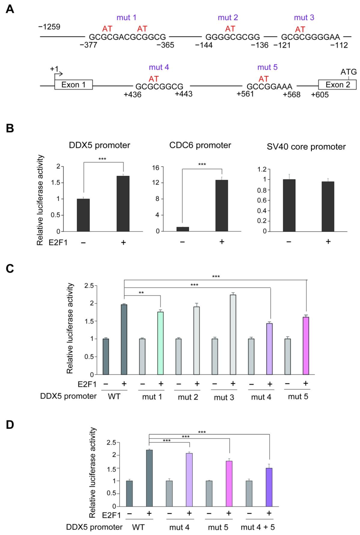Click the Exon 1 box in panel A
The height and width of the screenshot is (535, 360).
73,85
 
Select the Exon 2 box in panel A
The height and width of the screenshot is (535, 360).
337,85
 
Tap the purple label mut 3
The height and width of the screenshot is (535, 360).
304,18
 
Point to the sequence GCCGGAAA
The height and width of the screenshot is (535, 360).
269,87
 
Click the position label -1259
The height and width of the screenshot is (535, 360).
49,27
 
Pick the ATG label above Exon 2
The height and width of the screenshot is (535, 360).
348,72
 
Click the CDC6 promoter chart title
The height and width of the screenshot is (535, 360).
200,145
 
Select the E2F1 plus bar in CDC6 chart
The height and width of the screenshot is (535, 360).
222,205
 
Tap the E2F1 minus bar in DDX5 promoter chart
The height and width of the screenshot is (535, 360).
83,215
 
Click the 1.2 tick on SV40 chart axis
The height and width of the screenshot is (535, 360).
262,169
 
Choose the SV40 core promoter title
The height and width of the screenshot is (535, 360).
306,147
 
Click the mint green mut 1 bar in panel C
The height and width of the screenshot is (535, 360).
160,343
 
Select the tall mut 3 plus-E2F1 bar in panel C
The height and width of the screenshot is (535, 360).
233,334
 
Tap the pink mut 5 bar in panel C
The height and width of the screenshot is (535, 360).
306,346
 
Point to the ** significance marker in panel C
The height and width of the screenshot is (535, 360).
141,293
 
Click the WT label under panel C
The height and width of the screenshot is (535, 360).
114,396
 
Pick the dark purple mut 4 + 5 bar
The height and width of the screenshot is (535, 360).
269,487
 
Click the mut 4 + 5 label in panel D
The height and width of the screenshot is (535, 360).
258,527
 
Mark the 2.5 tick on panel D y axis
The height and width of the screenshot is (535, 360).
111,442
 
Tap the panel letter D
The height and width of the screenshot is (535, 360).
10,425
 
